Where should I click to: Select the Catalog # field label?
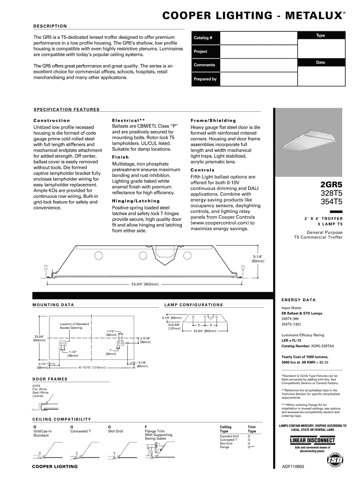[x=203, y=38]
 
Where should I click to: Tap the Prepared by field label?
[x=205, y=79]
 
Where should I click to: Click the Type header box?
[x=321, y=36]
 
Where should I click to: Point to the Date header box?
[x=321, y=62]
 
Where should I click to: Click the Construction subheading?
[x=52, y=120]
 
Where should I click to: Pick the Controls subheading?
[x=202, y=170]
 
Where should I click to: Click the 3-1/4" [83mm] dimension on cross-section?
[x=258, y=259]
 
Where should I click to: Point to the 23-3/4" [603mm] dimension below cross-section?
[x=145, y=284]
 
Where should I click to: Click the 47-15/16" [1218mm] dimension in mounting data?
[x=92, y=367]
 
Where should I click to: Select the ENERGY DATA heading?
[x=298, y=300]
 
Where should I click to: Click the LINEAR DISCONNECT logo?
[x=312, y=441]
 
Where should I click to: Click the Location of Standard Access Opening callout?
[x=74, y=326]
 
